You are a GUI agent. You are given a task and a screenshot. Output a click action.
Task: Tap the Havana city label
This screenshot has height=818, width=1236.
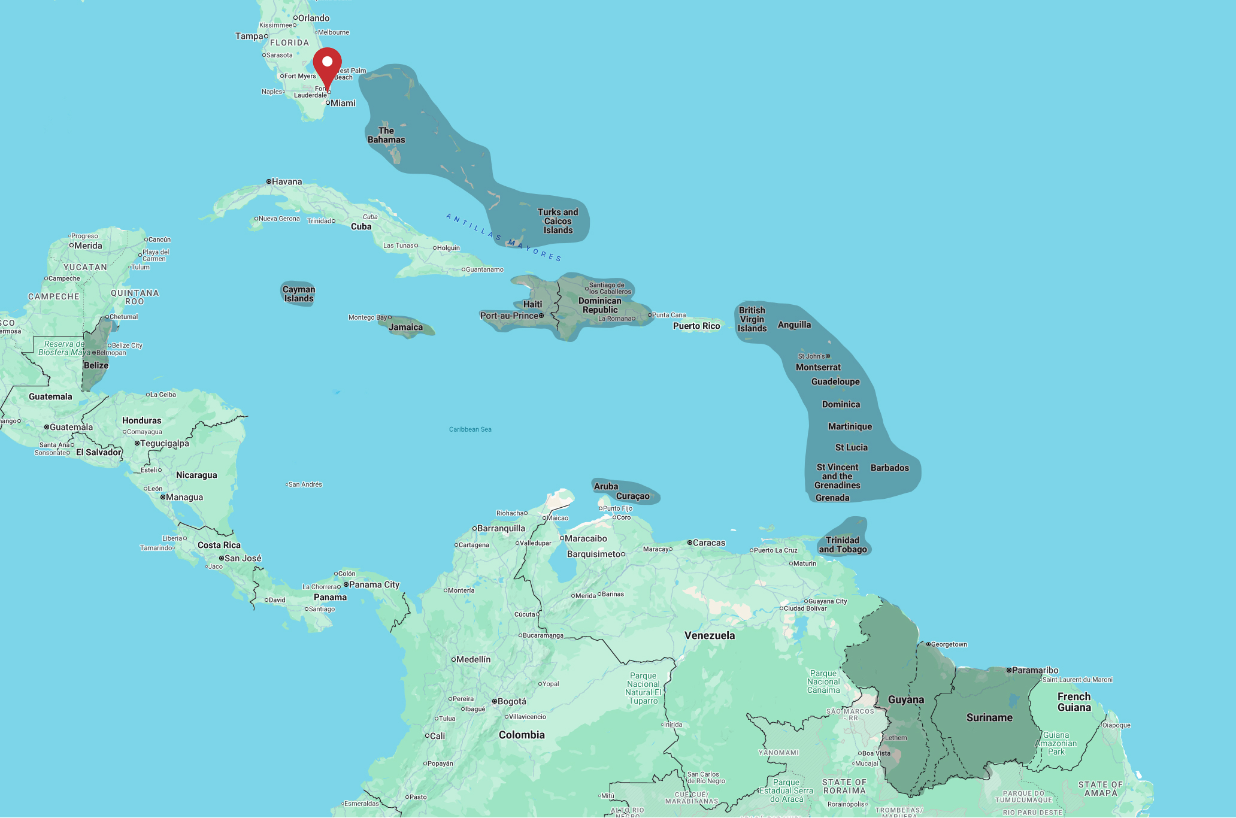point(286,181)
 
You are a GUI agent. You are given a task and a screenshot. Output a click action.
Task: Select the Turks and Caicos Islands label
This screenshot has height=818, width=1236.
point(558,221)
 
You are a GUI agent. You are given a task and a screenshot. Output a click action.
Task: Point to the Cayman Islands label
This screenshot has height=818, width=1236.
point(299,294)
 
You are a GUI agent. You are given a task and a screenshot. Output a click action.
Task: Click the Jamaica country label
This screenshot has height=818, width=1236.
point(405,327)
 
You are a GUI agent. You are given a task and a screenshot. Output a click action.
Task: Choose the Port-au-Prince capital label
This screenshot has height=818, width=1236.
point(510,316)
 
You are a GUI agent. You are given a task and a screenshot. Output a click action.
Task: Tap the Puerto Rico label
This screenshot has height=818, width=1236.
point(696,326)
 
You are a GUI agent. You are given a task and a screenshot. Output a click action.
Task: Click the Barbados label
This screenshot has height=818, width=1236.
point(889,468)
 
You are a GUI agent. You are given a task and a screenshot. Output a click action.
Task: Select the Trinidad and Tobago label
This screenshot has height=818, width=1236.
point(843,544)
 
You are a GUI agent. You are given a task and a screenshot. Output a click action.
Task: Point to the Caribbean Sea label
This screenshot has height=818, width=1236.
point(470,429)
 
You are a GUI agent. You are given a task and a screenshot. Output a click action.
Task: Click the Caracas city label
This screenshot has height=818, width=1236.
point(708,543)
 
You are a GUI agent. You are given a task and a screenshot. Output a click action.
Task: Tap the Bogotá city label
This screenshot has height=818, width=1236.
point(511,701)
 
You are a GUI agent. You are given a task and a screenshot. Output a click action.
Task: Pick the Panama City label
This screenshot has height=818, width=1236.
point(374,584)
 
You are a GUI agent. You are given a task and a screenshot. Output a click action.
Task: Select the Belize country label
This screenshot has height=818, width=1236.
point(96,365)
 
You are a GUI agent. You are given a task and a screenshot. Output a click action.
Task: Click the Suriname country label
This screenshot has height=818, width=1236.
point(989,717)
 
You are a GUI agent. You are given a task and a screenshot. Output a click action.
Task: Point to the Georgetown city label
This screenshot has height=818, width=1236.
point(949,644)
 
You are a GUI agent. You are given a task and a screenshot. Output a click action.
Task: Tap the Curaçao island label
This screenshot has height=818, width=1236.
point(632,496)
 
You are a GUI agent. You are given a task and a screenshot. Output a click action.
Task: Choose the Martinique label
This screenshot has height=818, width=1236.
point(850,426)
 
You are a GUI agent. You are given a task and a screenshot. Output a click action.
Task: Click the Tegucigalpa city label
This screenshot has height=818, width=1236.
point(164,443)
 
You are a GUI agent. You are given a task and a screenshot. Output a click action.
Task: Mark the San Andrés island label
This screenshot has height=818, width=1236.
point(305,484)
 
